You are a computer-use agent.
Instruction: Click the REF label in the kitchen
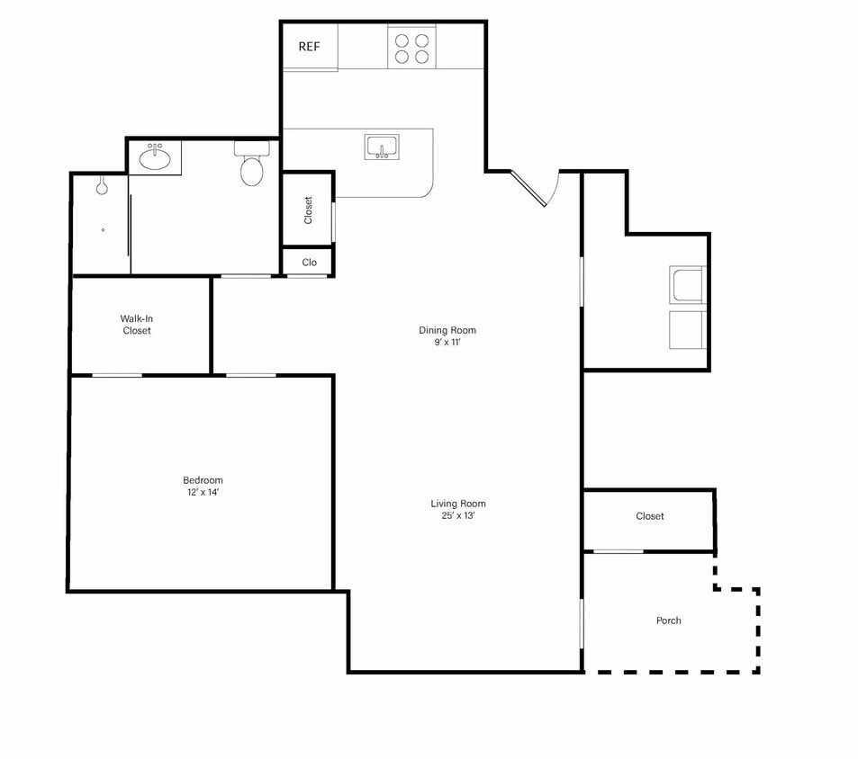(x=309, y=47)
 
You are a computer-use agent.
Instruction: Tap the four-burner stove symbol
(x=411, y=48)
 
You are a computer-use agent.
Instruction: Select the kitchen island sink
(x=382, y=147)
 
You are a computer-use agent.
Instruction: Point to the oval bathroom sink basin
(x=155, y=158)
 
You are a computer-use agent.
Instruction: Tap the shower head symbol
(x=102, y=186)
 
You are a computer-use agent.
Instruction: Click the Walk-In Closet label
(x=136, y=325)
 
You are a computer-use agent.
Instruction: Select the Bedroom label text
(x=203, y=480)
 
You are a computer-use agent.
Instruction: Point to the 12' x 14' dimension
(x=203, y=492)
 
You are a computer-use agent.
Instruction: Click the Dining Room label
(x=447, y=330)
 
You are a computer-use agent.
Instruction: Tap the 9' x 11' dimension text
(x=447, y=343)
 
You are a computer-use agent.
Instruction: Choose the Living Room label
(x=458, y=504)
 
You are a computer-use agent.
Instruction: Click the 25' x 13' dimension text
(x=458, y=516)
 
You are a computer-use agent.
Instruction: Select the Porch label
(x=669, y=621)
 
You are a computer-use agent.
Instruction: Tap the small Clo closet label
(x=309, y=263)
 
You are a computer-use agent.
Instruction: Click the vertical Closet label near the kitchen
(x=308, y=210)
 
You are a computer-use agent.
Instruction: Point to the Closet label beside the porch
(x=649, y=516)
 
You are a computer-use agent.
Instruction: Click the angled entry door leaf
(x=528, y=189)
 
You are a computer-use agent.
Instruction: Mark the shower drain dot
(x=103, y=230)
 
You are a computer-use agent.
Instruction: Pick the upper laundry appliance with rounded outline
(x=688, y=284)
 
